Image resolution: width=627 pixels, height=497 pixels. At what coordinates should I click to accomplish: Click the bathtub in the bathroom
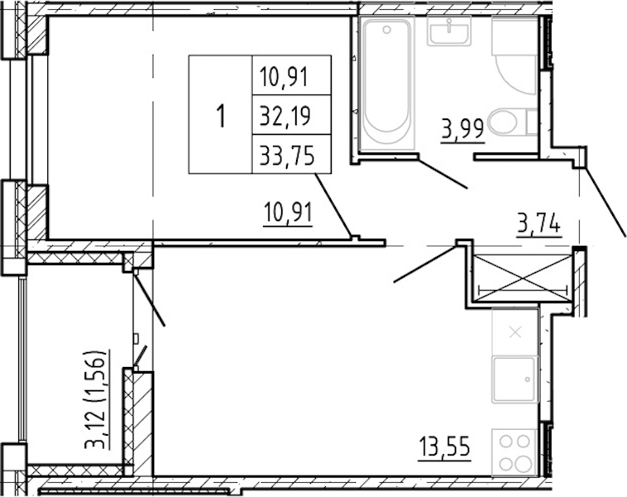pos(386,83)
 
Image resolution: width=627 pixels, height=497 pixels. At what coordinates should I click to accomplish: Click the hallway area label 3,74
pos(538,224)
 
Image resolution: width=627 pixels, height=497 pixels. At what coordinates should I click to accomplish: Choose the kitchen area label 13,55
pos(445,447)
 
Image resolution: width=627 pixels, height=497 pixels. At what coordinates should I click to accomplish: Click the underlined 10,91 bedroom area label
pos(288,213)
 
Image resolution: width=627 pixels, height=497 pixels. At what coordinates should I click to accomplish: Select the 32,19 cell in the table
pos(291,114)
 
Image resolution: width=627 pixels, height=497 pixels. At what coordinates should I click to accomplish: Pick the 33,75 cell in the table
pos(291,154)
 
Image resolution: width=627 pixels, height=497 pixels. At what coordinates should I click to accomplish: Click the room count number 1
pos(221,114)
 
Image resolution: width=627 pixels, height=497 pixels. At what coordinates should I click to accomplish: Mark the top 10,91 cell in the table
pos(291,75)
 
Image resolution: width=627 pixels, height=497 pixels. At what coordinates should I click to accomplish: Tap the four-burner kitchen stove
pos(514,452)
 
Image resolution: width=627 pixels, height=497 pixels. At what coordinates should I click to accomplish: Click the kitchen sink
pos(514,379)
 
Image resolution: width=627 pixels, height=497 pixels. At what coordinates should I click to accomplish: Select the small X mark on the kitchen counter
pos(515,332)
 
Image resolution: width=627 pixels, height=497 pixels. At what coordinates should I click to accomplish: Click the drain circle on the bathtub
pos(386,30)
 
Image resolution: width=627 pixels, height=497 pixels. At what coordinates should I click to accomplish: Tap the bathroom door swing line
pos(442,172)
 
